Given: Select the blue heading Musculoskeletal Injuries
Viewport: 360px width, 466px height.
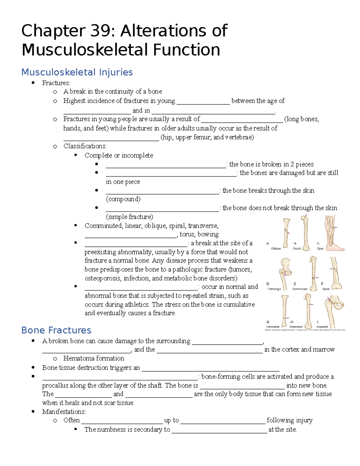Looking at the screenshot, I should (x=77, y=72).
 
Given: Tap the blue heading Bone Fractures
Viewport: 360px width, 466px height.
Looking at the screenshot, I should (x=56, y=330).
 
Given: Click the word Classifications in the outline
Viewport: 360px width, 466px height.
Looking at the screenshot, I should (x=85, y=146).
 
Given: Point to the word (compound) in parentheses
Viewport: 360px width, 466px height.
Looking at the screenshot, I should (x=123, y=199).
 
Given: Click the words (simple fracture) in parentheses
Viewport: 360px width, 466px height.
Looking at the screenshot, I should (x=129, y=217).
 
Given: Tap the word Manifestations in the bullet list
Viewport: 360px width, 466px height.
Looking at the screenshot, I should (x=64, y=412).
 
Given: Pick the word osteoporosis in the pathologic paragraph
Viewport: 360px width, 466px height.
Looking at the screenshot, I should (x=102, y=278).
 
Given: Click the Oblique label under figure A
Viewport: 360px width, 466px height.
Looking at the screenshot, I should (x=276, y=248).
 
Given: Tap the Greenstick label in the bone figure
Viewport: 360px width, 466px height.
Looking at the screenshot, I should (x=296, y=327).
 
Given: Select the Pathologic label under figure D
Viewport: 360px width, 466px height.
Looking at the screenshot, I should (x=274, y=289).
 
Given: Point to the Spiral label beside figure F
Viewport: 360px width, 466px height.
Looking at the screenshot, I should (x=326, y=289).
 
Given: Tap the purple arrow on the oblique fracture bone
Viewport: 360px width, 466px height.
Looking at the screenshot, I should (x=288, y=232).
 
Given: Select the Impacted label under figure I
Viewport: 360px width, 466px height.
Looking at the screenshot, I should (x=322, y=327).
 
